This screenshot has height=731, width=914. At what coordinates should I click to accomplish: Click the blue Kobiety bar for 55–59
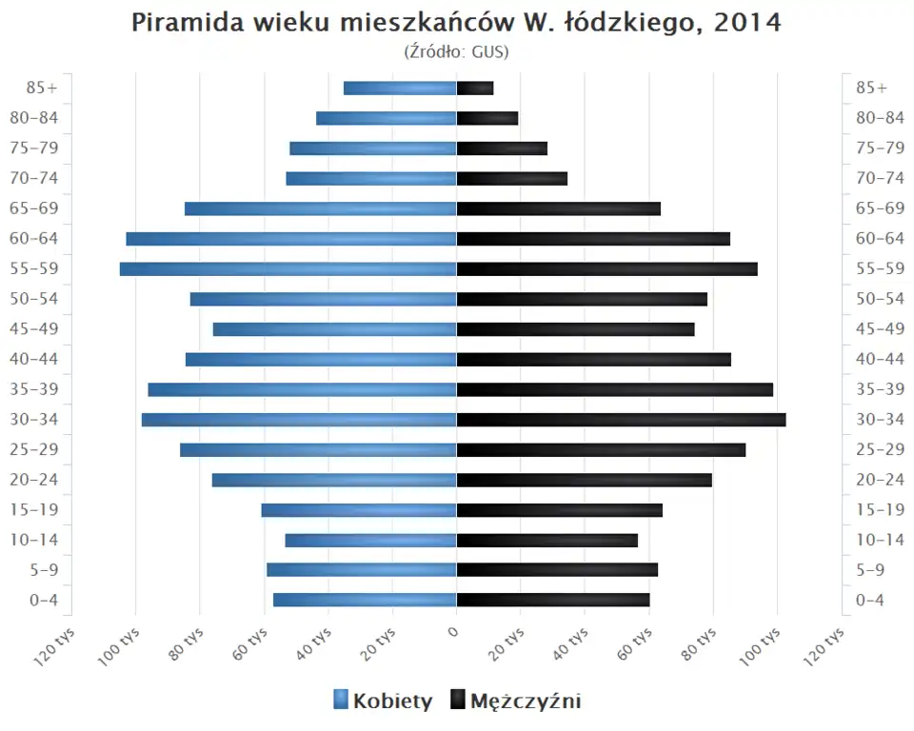point(288,269)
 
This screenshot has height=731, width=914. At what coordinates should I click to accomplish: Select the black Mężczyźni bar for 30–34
point(621,420)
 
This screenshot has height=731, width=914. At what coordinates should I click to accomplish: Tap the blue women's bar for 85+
point(400,89)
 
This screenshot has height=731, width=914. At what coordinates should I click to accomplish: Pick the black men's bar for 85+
point(475,89)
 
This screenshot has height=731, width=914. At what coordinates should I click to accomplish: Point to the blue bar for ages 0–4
point(365,600)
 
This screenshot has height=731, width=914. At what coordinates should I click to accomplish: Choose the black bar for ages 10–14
point(547,541)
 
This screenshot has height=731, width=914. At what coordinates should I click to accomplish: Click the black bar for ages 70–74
point(512,179)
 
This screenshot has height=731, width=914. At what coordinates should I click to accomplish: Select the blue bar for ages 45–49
point(334,329)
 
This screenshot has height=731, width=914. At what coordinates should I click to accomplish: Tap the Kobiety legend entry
point(384,701)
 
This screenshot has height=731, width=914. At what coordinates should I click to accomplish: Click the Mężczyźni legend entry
point(515,701)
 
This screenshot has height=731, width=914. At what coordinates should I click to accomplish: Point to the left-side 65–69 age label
point(34,208)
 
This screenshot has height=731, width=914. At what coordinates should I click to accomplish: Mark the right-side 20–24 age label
point(880,480)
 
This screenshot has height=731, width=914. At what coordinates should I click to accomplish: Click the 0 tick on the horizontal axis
point(455,631)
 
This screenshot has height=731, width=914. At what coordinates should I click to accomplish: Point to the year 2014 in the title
point(747,23)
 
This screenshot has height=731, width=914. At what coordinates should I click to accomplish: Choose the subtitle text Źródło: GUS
point(456,51)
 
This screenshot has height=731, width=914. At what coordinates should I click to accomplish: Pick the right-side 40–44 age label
point(880,359)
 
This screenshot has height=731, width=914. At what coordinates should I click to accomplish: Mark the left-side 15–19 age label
point(34,510)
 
